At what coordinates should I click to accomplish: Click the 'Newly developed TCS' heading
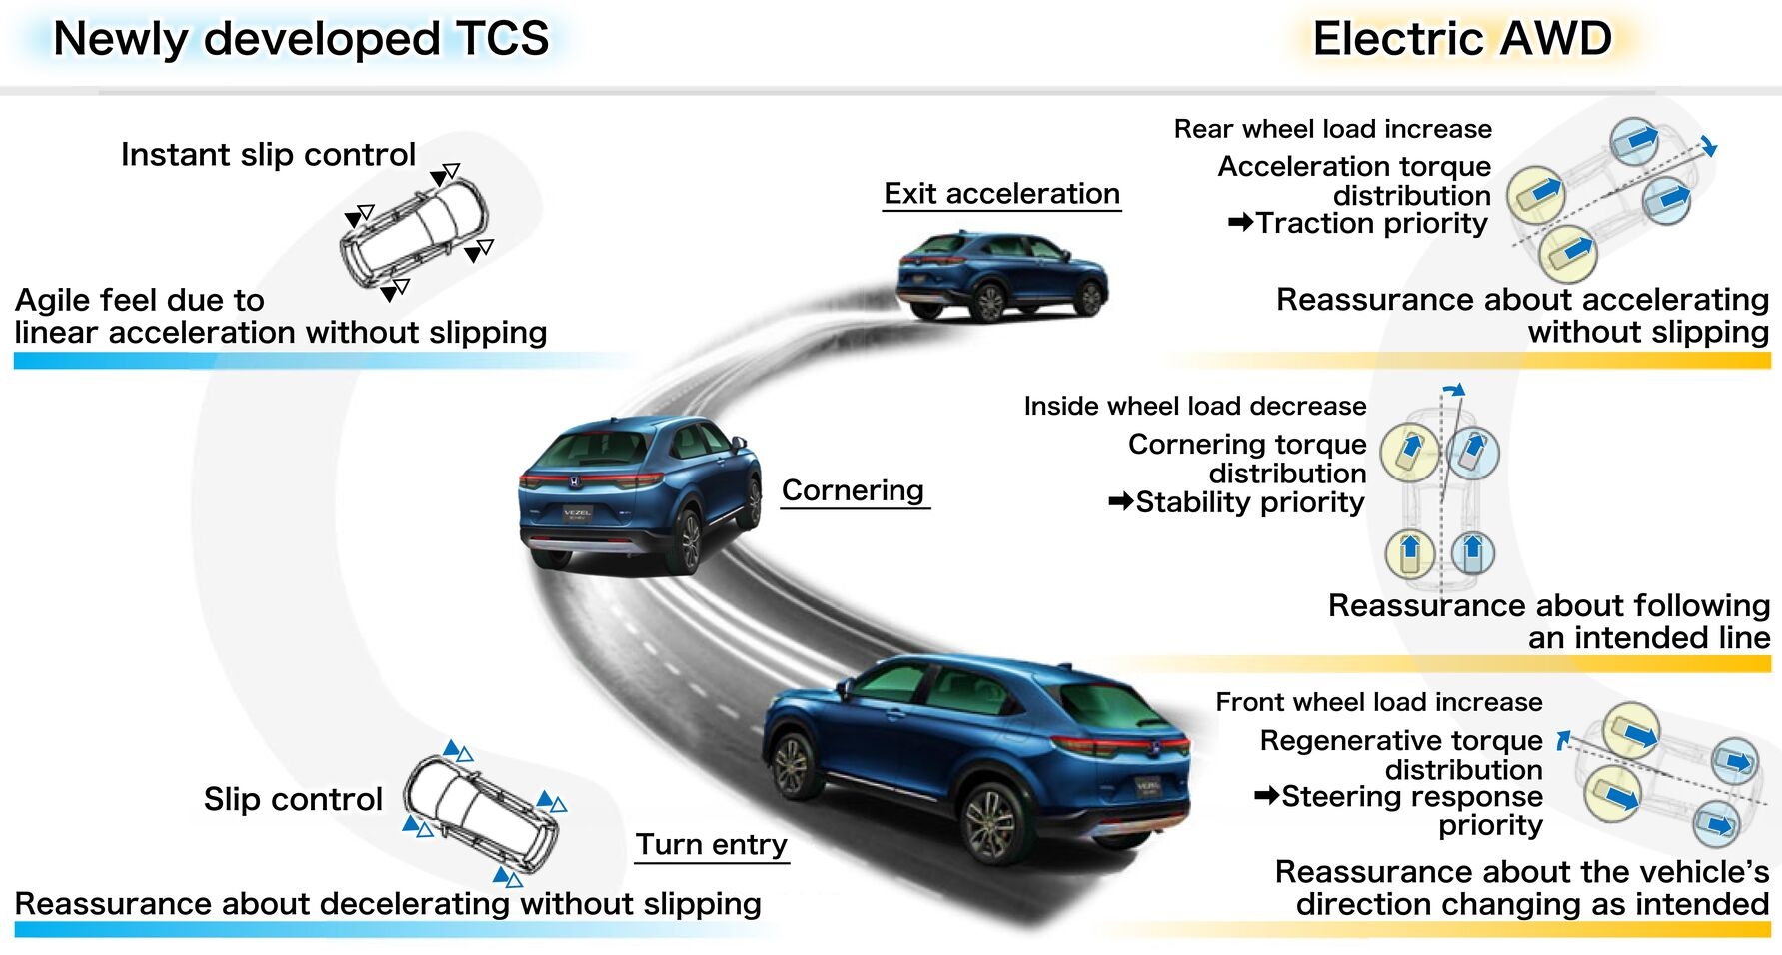click(300, 40)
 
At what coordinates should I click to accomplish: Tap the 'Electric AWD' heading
click(1461, 40)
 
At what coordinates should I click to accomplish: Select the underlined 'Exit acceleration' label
click(1001, 194)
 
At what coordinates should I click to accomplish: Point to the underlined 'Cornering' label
click(853, 490)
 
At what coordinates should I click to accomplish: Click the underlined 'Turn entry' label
click(712, 845)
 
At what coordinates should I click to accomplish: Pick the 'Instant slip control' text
click(268, 155)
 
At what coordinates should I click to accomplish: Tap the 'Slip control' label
click(293, 799)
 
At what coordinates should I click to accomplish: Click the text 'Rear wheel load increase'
click(1332, 129)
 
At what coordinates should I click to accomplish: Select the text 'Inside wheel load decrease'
click(1194, 406)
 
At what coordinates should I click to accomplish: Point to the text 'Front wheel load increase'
click(1378, 702)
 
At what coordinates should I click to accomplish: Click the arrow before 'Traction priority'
click(1240, 222)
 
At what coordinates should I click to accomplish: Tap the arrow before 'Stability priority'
click(1120, 501)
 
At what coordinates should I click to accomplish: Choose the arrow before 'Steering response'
click(1266, 796)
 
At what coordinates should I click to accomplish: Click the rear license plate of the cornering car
click(577, 514)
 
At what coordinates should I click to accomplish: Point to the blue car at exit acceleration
click(1002, 275)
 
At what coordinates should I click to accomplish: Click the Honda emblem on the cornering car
click(574, 480)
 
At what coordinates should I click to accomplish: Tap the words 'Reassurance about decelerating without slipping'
click(388, 904)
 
